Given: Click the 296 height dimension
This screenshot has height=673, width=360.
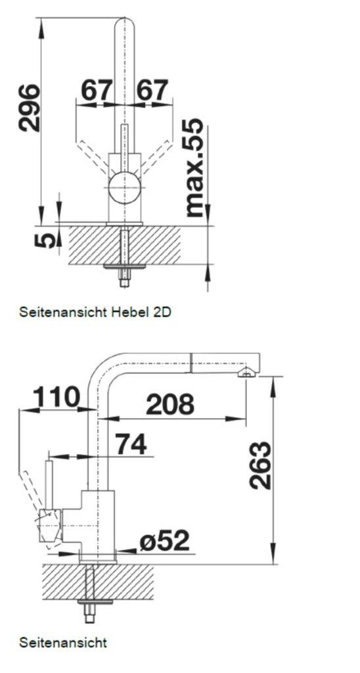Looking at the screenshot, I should (x=28, y=108).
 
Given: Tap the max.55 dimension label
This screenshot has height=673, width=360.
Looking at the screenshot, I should (x=194, y=168).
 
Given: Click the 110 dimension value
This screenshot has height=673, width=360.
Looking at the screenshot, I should (x=56, y=397).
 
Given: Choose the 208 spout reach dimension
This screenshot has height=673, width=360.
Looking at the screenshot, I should (x=170, y=404).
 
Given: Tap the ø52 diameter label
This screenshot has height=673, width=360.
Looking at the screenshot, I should (x=164, y=540).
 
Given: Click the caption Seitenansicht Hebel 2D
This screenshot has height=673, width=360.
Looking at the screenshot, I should (x=95, y=312).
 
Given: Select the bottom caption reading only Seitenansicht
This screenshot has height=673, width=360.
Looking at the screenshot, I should (x=63, y=642).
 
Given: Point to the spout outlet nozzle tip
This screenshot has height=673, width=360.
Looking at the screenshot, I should (x=246, y=373).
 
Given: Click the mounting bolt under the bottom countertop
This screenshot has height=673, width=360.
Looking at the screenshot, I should (x=89, y=601).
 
